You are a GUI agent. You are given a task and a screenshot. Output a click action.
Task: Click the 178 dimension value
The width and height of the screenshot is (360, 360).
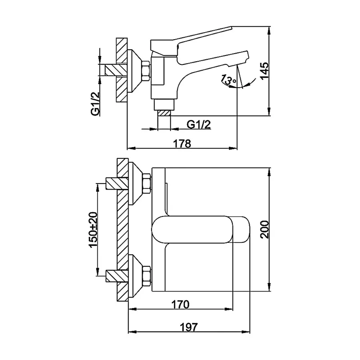coord(182,144)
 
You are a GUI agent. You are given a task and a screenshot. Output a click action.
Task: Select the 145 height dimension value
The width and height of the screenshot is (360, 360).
coord(264,70)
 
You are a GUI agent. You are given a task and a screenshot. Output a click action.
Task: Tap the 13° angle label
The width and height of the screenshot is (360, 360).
coord(228,80)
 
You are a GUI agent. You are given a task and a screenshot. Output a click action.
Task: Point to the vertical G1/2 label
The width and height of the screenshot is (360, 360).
coord(95,104)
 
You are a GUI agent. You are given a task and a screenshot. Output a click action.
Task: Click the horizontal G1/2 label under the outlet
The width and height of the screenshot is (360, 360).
coord(198,125)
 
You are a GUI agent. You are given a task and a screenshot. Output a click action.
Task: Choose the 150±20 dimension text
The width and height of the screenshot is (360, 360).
coord(94,230)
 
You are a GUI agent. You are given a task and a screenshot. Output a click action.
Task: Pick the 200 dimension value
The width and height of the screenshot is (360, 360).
coord(264,230)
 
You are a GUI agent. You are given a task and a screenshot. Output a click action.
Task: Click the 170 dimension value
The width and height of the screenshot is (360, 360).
coord(180,305)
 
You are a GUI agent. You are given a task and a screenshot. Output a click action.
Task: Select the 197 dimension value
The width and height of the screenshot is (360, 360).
coord(188,327)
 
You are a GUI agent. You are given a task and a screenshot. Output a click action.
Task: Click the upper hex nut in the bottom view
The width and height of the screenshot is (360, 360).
coord(147,184)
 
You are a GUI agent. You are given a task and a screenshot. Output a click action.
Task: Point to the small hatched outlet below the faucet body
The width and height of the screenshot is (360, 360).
coord(164,113)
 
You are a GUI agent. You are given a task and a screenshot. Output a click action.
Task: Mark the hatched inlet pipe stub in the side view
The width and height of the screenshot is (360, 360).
coord(116,70)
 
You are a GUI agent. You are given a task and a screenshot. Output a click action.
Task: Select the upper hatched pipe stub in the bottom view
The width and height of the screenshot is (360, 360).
coord(117,184)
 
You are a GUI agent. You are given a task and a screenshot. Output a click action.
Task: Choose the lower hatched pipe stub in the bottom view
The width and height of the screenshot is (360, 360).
coord(117,276)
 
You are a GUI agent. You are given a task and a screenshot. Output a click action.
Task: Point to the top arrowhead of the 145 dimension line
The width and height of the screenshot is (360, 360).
coord(269,30)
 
